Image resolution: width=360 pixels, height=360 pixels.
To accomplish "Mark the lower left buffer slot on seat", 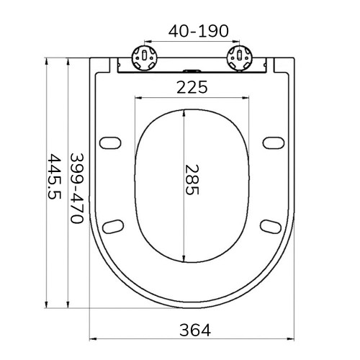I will point(113,227).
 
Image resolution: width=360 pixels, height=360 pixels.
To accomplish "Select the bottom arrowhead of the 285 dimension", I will point(184,259).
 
